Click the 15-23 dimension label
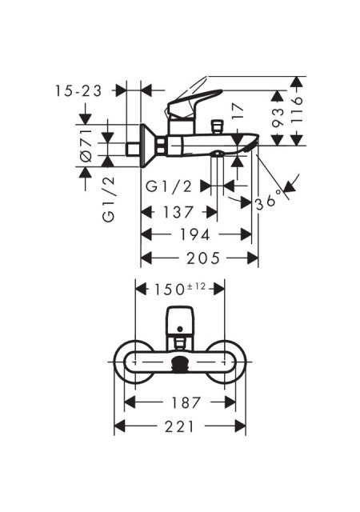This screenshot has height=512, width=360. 78,90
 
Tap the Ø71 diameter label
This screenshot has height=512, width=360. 86,146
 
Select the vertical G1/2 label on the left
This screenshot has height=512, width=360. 109,198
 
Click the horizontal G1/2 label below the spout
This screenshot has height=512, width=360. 169,186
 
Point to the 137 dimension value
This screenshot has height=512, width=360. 178,213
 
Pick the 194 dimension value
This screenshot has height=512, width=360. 195,234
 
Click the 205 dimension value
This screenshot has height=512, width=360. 203,258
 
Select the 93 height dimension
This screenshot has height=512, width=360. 278,118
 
